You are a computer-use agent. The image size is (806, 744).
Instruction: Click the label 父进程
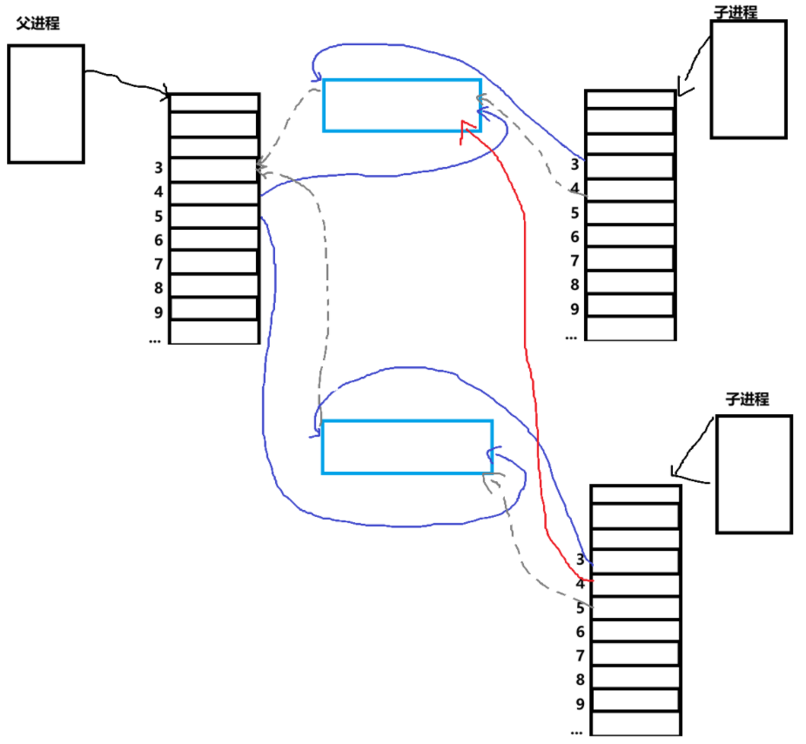point(37,23)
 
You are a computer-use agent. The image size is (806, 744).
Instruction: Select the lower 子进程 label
point(747,399)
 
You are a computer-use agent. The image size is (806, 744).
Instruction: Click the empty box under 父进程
point(46,104)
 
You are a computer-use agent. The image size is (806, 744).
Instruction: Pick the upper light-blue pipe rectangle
point(401,105)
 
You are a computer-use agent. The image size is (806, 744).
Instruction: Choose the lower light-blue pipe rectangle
point(406,446)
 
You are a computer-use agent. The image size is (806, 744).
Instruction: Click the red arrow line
point(525,287)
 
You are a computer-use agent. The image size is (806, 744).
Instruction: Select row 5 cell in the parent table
point(214,216)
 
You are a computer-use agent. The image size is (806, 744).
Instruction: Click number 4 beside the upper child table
point(574,189)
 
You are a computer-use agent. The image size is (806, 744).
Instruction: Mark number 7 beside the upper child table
point(574,260)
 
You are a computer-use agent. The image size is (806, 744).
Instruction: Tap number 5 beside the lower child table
point(580,608)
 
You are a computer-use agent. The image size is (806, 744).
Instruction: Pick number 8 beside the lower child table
point(580,680)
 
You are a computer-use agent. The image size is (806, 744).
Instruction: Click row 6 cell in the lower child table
point(635,631)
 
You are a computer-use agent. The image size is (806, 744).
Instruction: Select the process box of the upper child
point(748,79)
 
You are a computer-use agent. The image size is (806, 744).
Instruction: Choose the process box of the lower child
point(754,473)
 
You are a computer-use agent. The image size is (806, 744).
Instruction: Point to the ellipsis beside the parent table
point(155,340)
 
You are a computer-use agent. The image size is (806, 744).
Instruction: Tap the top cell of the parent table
point(214,103)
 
